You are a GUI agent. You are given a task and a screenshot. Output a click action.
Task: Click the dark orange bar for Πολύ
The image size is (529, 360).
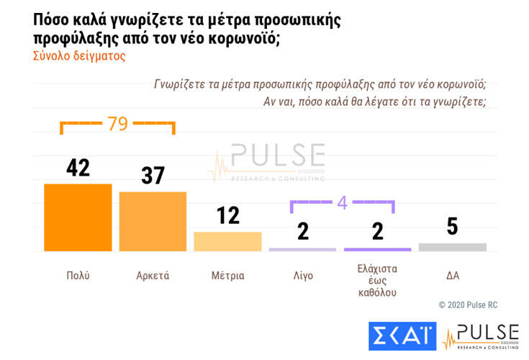[x=78, y=217]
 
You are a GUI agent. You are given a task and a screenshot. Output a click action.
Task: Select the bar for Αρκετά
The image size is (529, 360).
[x=153, y=222]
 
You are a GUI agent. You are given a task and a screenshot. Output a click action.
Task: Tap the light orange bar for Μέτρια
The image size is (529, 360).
[x=227, y=242]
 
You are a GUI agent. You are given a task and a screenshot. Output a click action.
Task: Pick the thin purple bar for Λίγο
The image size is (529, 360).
[x=302, y=249]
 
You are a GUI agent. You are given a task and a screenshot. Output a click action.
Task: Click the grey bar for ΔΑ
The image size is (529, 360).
[x=452, y=247]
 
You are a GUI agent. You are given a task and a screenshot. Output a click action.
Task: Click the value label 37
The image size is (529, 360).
[x=153, y=176]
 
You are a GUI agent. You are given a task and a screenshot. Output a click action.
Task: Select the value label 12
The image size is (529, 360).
[x=227, y=215]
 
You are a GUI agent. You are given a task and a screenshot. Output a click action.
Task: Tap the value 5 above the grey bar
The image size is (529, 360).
[x=452, y=226]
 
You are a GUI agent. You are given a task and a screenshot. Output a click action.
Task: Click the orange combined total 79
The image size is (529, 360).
[x=117, y=124]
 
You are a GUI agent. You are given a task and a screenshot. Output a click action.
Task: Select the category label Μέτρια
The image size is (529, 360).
[x=227, y=276]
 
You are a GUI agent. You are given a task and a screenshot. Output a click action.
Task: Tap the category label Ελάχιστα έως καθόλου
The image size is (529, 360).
[x=377, y=281]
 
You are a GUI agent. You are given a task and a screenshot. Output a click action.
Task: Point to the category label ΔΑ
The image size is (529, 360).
[x=452, y=276]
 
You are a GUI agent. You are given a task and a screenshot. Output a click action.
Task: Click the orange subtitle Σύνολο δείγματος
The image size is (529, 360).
[x=79, y=56]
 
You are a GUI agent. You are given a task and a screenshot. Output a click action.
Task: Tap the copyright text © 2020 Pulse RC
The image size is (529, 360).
[x=468, y=305]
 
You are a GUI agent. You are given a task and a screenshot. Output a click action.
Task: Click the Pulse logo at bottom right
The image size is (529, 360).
[x=480, y=337]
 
